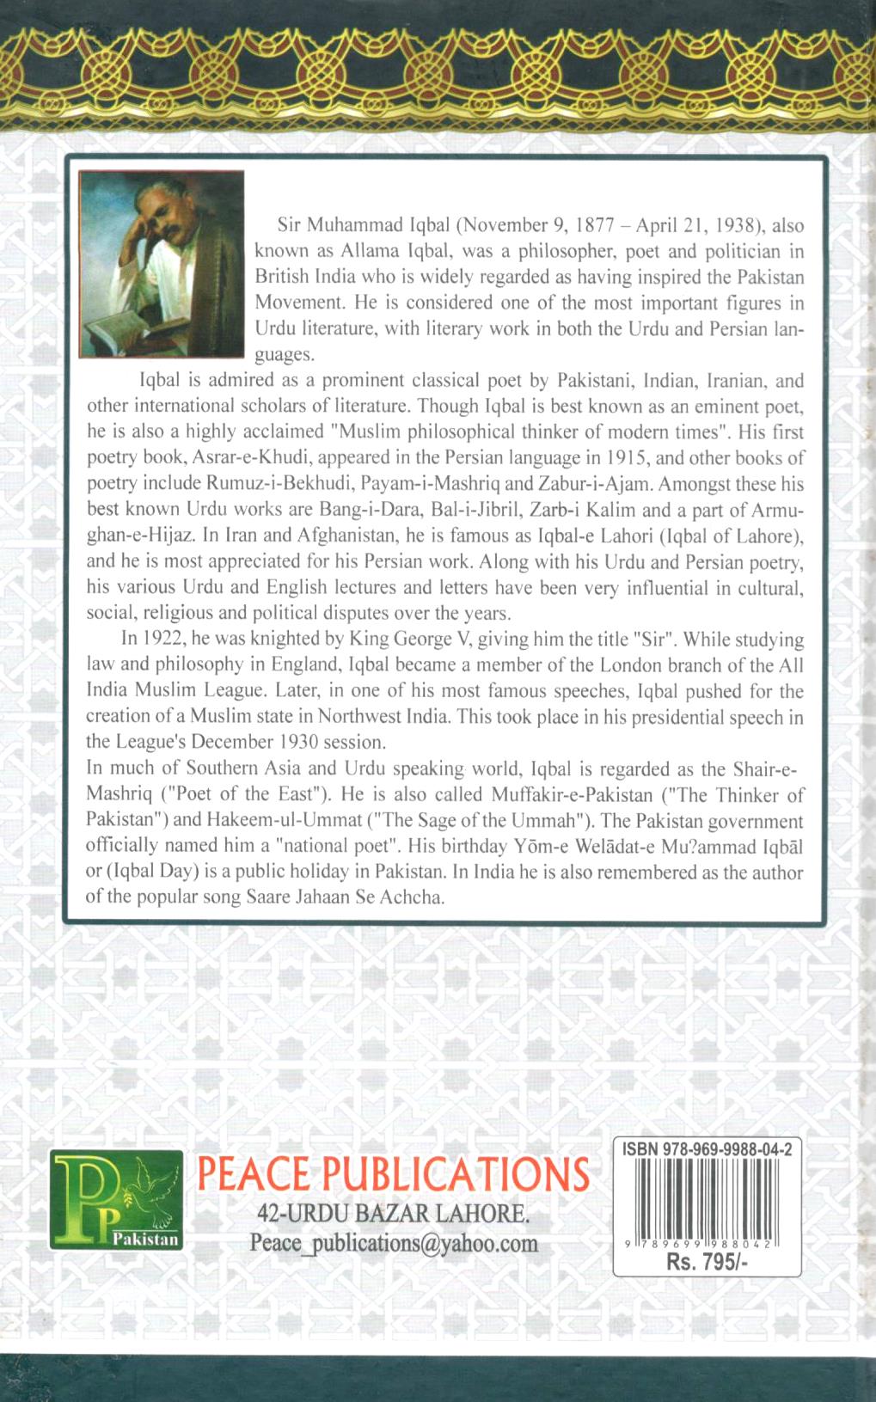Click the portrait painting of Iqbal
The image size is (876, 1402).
pyautogui.click(x=161, y=263)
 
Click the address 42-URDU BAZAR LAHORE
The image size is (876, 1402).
pyautogui.click(x=393, y=1213)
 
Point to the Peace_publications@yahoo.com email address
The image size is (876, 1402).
pyautogui.click(x=393, y=1242)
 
